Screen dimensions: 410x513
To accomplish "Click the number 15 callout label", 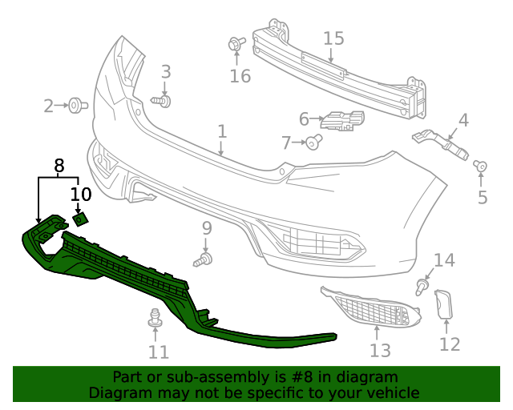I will (333, 38).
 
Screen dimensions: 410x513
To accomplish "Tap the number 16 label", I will (240, 76).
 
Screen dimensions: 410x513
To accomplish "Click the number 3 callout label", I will (166, 71).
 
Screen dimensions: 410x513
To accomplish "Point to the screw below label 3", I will (163, 102).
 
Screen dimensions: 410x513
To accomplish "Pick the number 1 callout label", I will (222, 130).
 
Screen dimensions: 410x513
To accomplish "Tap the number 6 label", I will (304, 119).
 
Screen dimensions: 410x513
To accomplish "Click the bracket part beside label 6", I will (342, 122).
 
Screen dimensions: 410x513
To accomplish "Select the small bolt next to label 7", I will (314, 143).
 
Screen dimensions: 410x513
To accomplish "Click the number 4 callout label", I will (463, 121).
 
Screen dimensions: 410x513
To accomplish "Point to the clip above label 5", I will (481, 167).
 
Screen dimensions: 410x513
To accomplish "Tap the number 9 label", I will (206, 228).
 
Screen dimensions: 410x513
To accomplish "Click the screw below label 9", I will (204, 260).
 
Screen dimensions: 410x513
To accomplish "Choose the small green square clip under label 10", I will (80, 219).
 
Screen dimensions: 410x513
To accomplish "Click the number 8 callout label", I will (59, 166).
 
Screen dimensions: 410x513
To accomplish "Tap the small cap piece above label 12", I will (444, 305).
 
